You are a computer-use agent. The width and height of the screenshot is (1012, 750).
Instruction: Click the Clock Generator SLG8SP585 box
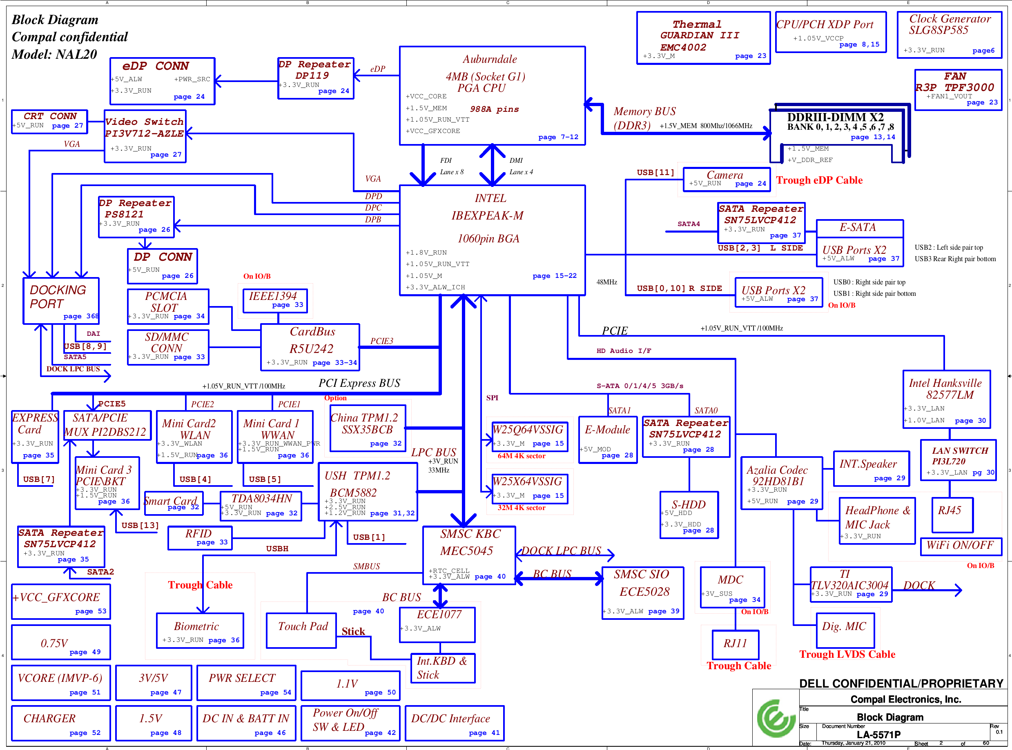pos(949,35)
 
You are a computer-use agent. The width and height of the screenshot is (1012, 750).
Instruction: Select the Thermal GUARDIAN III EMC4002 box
pos(703,38)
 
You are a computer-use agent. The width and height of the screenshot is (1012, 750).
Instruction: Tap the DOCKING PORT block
pos(61,301)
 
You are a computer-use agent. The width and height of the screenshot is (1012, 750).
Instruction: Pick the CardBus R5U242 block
pos(310,347)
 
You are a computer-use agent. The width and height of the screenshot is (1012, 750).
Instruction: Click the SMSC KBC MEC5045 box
pos(469,555)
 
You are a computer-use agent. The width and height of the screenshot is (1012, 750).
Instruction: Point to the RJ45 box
pos(952,515)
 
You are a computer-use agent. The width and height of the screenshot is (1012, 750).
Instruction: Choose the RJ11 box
pos(735,644)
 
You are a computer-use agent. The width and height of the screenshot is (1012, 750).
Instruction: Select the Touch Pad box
pos(301,630)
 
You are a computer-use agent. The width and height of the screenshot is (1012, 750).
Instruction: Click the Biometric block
pos(200,630)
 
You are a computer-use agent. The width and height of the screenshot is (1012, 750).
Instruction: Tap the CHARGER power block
pos(61,723)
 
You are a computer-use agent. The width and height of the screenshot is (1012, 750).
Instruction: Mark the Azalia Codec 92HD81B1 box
pos(781,483)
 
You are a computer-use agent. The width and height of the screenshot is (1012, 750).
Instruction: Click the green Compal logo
pos(776,718)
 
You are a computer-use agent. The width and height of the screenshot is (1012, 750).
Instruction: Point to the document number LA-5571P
pos(878,734)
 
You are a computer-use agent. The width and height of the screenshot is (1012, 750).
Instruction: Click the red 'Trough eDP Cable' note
pos(819,180)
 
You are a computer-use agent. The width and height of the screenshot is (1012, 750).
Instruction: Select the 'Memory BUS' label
pos(644,111)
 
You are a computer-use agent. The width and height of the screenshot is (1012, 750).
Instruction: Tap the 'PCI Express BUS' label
pos(359,383)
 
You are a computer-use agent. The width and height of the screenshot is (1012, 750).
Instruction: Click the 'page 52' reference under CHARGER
pos(85,733)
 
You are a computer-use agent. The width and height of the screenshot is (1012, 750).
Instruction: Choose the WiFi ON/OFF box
pos(961,546)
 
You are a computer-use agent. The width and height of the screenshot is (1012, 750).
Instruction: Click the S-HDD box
pos(689,515)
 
